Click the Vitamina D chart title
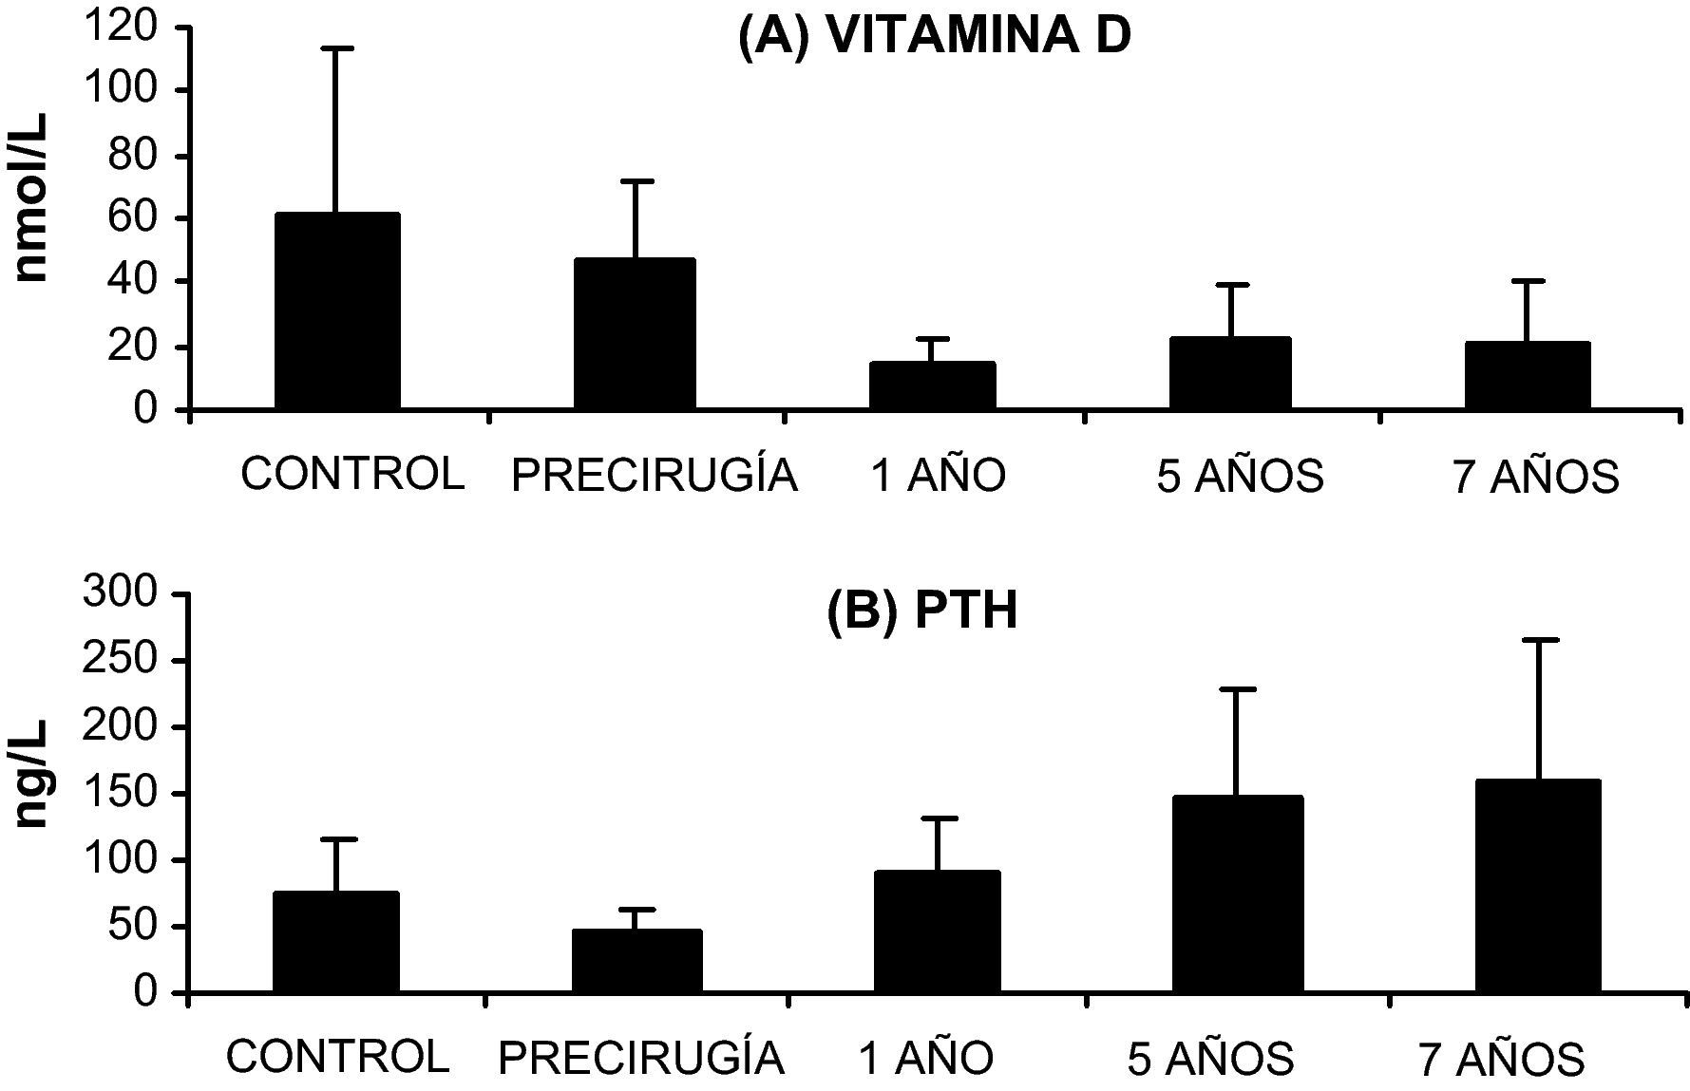(935, 38)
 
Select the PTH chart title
(921, 611)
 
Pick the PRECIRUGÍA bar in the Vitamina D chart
(635, 333)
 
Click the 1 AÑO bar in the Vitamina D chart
(933, 385)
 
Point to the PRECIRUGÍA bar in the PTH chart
(636, 961)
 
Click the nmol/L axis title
(33, 198)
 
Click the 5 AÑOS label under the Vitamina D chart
(1240, 476)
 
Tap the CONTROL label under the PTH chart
(337, 1056)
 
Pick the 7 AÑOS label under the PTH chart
(1502, 1058)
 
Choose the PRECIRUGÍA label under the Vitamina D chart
(654, 476)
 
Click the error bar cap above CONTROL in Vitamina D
(336, 47)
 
